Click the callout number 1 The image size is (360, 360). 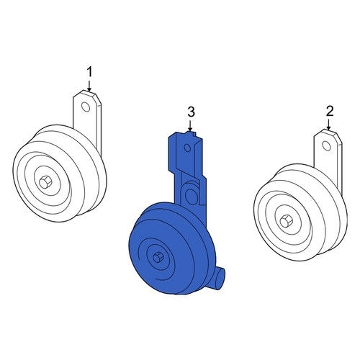[x=89, y=72]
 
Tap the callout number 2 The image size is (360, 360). [x=330, y=112]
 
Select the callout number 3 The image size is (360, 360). [x=191, y=112]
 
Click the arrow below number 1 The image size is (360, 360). [x=89, y=86]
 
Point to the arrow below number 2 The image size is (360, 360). [x=328, y=125]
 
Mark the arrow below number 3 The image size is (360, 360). [x=190, y=125]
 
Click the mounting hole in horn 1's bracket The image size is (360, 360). [x=86, y=107]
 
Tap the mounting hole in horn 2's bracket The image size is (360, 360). [x=326, y=146]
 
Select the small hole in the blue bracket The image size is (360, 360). [x=187, y=148]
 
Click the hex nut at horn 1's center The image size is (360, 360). [x=45, y=182]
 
